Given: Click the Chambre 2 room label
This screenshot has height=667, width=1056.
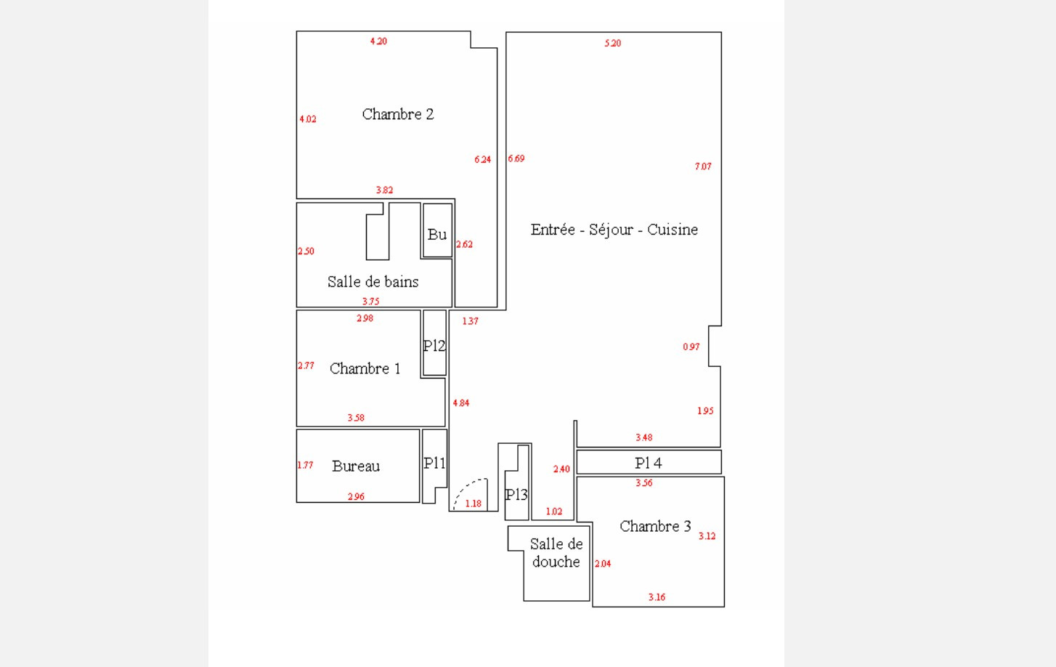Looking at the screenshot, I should click(x=397, y=114).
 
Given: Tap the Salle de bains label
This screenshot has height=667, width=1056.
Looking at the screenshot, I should click(x=373, y=282).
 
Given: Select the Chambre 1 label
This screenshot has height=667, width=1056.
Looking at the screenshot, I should click(x=365, y=368).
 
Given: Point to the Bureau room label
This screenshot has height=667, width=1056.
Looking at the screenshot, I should click(x=355, y=466).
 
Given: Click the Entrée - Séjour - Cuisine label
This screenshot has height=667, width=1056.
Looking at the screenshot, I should click(x=614, y=230).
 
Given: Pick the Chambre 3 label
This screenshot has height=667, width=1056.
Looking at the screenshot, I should click(x=654, y=526).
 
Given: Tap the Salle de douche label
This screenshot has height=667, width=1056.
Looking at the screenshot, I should click(x=556, y=553).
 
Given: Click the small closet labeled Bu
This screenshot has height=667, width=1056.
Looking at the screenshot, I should click(x=437, y=234).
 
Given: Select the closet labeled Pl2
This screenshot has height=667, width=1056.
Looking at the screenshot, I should click(x=434, y=346).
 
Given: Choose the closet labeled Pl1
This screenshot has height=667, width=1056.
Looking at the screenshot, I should click(x=434, y=463).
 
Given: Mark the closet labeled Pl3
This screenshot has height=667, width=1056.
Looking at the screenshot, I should click(x=516, y=495).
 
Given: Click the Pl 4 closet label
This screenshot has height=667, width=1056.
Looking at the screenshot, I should click(x=648, y=463).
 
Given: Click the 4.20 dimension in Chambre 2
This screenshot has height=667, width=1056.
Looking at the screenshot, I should click(x=378, y=41).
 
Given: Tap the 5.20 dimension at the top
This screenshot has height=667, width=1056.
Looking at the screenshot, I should click(x=612, y=44).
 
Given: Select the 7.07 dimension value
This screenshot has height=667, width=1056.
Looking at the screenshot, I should click(x=703, y=166).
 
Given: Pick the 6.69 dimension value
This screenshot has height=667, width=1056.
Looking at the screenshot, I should click(x=516, y=158).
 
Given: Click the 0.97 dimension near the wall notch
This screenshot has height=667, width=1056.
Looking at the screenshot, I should click(x=691, y=347).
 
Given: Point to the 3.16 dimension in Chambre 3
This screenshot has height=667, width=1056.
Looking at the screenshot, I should click(x=657, y=597).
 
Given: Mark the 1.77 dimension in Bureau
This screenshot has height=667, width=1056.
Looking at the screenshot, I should click(x=305, y=465).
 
